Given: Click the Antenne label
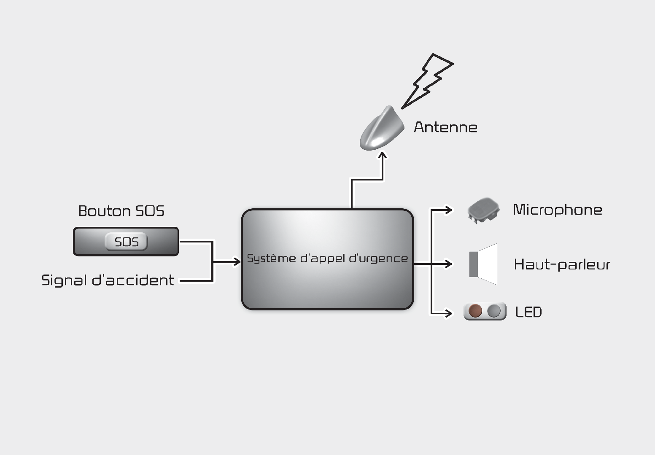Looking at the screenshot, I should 445,127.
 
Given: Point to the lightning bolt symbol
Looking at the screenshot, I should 427,81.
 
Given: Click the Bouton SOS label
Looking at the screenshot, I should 121,211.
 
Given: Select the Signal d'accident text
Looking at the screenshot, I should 108,280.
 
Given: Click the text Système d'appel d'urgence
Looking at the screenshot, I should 327,258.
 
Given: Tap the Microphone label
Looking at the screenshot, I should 557,210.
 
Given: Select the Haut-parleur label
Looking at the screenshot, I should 562,265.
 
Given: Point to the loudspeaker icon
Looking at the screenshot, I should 484,264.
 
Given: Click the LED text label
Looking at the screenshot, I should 528,312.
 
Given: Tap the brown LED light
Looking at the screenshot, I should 475,311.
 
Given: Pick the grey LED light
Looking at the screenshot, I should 494,311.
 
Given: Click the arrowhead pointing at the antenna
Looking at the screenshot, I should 383,156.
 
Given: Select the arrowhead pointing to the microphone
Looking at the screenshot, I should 448,209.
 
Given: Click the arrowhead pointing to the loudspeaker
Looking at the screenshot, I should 448,264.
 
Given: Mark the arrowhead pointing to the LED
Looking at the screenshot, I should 448,313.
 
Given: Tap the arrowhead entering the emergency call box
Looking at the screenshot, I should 237,262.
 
